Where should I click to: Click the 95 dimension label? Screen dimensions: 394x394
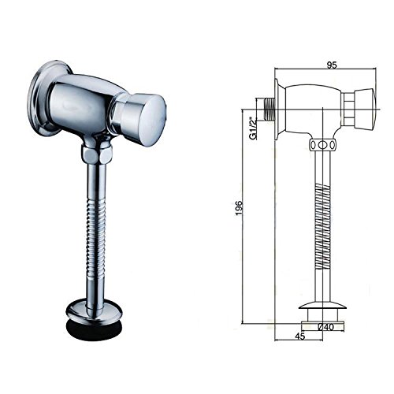332,65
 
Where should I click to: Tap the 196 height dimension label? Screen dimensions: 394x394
239,208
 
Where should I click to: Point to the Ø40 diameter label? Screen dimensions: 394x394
326,327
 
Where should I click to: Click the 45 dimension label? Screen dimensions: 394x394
300,336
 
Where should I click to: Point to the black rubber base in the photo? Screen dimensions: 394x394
94,327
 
